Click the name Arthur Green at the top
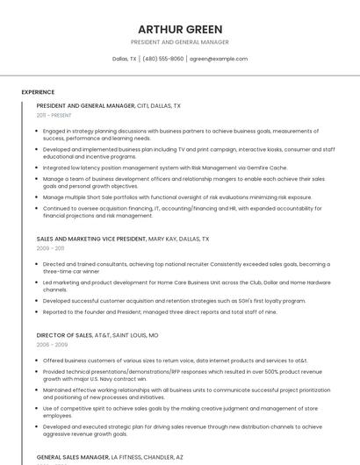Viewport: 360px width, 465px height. pyautogui.click(x=180, y=29)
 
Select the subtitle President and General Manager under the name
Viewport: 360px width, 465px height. pyautogui.click(x=180, y=42)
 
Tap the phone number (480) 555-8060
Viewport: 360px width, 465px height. pyautogui.click(x=163, y=59)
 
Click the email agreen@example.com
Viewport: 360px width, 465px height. pyautogui.click(x=219, y=59)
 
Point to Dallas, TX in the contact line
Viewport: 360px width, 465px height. pyautogui.click(x=125, y=59)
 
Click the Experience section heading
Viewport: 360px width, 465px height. pyautogui.click(x=38, y=91)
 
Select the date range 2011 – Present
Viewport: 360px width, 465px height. pyautogui.click(x=54, y=115)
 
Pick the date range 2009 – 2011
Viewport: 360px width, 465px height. pyautogui.click(x=50, y=248)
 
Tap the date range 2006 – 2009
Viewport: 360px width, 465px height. pyautogui.click(x=51, y=345)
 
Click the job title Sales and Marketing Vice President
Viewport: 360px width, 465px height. pyautogui.click(x=91, y=239)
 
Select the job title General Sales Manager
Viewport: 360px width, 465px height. pyautogui.click(x=73, y=457)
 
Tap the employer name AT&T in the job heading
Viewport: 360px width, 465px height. pyautogui.click(x=106, y=335)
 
